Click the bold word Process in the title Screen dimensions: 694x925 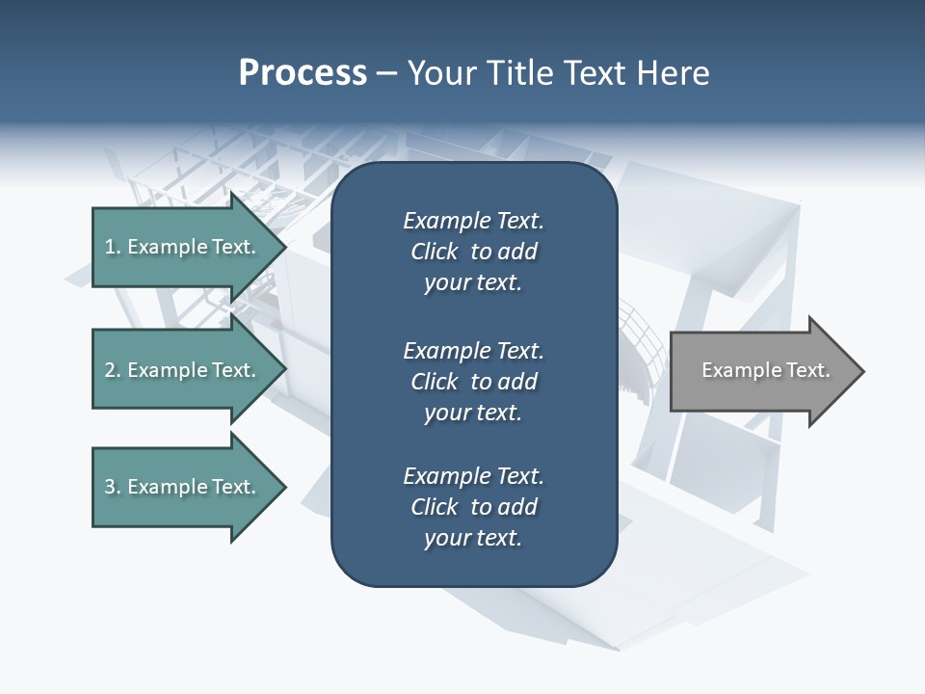pyautogui.click(x=303, y=73)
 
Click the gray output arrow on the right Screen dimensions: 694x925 pyautogui.click(x=761, y=370)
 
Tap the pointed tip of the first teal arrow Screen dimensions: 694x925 pyautogui.click(x=283, y=247)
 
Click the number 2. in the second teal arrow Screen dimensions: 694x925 pyautogui.click(x=113, y=370)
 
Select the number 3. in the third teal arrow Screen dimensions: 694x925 pyautogui.click(x=113, y=487)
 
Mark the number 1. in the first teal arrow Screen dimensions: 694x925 pyautogui.click(x=113, y=247)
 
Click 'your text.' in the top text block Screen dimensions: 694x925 pyautogui.click(x=473, y=283)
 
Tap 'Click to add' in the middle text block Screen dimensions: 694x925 pyautogui.click(x=473, y=382)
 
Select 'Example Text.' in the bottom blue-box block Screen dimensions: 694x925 pyautogui.click(x=473, y=476)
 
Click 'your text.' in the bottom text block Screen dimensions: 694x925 pyautogui.click(x=473, y=539)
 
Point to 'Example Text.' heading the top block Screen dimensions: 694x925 pyautogui.click(x=473, y=221)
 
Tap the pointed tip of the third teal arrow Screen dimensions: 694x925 pyautogui.click(x=283, y=487)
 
